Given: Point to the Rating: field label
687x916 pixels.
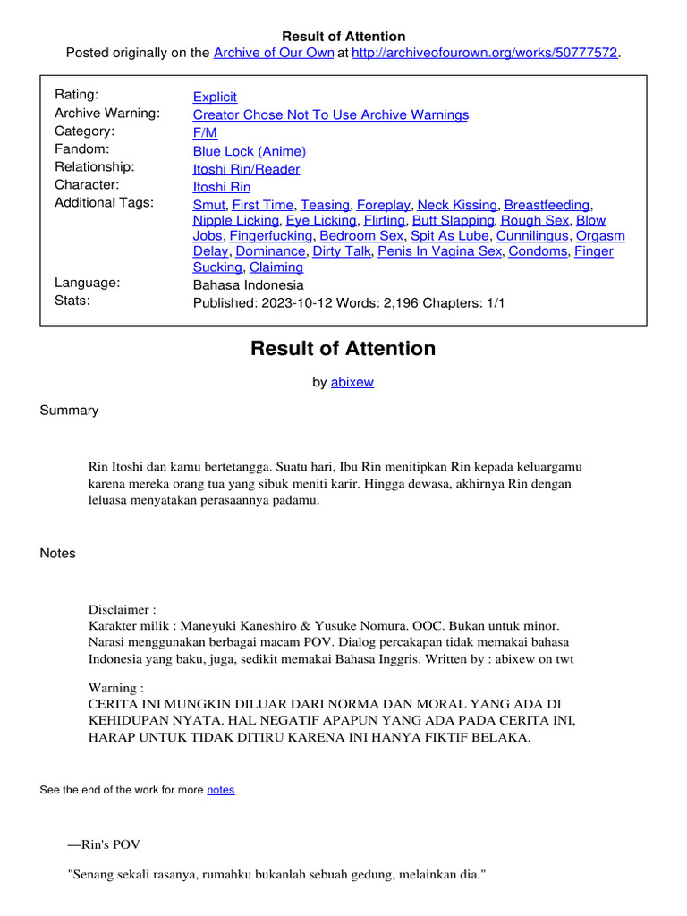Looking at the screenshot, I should point(77,95).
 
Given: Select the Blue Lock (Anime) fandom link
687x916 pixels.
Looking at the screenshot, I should point(250,151).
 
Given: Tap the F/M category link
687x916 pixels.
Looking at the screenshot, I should point(205,132).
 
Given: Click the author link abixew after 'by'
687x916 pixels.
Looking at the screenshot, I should point(352,382).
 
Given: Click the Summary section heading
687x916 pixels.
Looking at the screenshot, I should point(69,411).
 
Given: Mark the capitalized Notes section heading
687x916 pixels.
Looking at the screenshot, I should point(58,554).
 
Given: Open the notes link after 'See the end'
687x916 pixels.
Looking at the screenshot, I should point(220,790).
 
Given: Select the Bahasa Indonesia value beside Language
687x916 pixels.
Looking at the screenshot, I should point(249,285).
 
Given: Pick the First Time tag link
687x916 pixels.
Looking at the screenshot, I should point(262,205).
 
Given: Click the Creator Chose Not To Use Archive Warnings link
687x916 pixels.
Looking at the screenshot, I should point(331,114).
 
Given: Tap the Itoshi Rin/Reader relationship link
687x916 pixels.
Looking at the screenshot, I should point(246,169).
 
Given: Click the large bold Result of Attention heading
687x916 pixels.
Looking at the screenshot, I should point(343,349).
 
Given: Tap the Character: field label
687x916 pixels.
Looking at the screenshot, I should point(87,185).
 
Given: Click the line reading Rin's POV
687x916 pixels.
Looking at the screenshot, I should point(104,844).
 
